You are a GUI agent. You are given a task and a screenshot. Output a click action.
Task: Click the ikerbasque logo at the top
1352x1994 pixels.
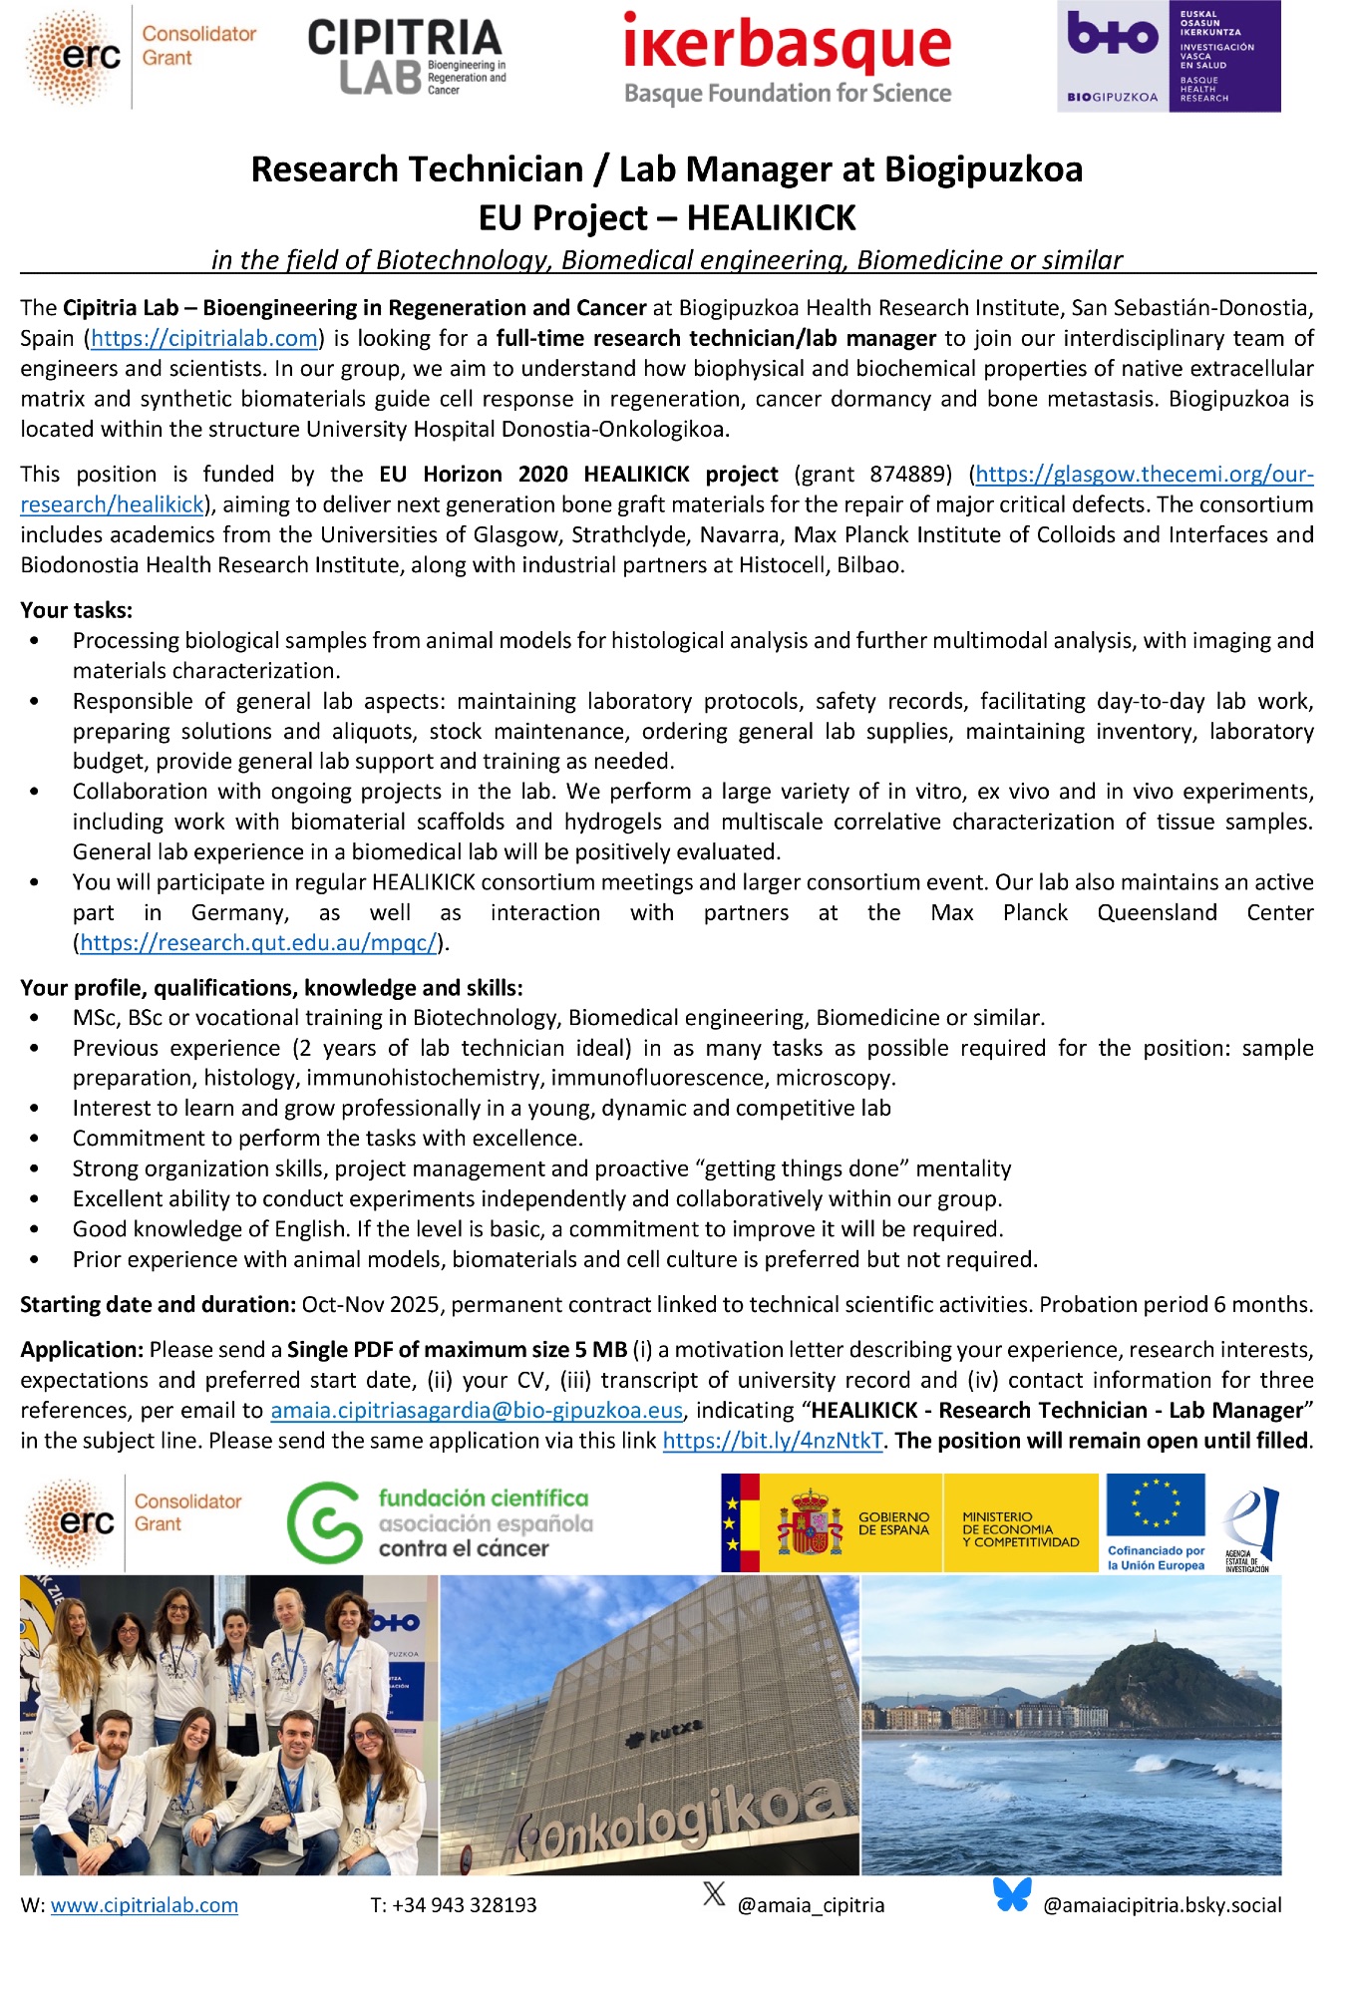point(787,58)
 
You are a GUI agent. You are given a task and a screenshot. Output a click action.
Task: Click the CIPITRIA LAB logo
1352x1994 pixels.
point(406,58)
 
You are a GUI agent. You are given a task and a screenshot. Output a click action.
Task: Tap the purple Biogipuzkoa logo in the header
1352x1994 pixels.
point(1169,56)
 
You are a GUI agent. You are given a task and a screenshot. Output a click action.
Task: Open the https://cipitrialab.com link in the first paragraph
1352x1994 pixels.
point(203,339)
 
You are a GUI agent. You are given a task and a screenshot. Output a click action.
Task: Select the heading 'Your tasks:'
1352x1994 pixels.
point(77,610)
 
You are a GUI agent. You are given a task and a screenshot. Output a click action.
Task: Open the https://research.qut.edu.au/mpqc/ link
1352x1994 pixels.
point(258,943)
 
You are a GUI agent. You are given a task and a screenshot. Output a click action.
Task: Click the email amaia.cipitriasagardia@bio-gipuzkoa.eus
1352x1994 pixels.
point(477,1411)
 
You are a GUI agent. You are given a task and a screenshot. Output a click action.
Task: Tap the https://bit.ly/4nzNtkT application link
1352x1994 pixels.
point(773,1441)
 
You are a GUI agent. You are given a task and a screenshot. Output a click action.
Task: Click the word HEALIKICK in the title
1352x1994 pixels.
point(771,218)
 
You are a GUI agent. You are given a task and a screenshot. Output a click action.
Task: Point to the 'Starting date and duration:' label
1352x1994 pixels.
point(158,1305)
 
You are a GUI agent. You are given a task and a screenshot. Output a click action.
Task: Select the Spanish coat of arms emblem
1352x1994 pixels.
point(809,1523)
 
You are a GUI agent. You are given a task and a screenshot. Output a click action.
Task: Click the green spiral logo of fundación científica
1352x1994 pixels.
point(324,1522)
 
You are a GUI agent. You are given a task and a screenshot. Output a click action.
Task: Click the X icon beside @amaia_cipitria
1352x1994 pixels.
point(714,1894)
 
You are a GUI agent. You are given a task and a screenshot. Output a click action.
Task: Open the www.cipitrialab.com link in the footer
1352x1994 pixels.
point(145,1905)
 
